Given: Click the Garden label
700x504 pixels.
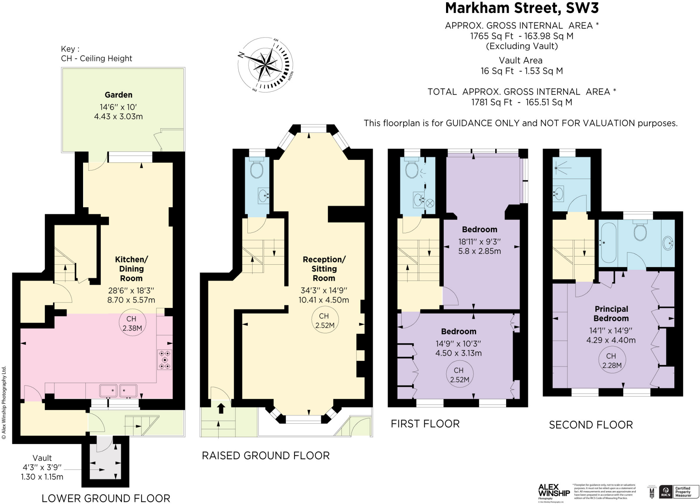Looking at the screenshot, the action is point(118,95).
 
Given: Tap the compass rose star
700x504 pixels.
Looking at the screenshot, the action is point(265,64).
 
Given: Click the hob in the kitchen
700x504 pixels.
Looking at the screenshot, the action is point(165,360).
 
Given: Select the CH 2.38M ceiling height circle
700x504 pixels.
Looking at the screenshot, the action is point(132,323).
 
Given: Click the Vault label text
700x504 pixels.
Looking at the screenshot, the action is point(42,458).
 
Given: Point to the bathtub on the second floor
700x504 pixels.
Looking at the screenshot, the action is point(608,242).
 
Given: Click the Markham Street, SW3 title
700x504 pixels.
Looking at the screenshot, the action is point(522,8).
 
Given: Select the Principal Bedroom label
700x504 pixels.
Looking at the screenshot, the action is point(611,313).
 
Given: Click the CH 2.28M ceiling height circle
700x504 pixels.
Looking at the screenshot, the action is point(612,361).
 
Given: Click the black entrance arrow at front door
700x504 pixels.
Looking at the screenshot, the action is point(221,408).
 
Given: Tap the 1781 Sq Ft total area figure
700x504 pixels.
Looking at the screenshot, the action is point(492,102).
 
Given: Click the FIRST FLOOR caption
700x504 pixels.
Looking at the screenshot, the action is point(425,424).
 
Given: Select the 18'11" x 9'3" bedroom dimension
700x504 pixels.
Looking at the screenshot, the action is point(480,241).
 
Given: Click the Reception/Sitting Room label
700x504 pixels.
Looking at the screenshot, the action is point(324,269).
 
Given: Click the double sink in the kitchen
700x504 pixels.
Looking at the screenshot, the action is point(118,390).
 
